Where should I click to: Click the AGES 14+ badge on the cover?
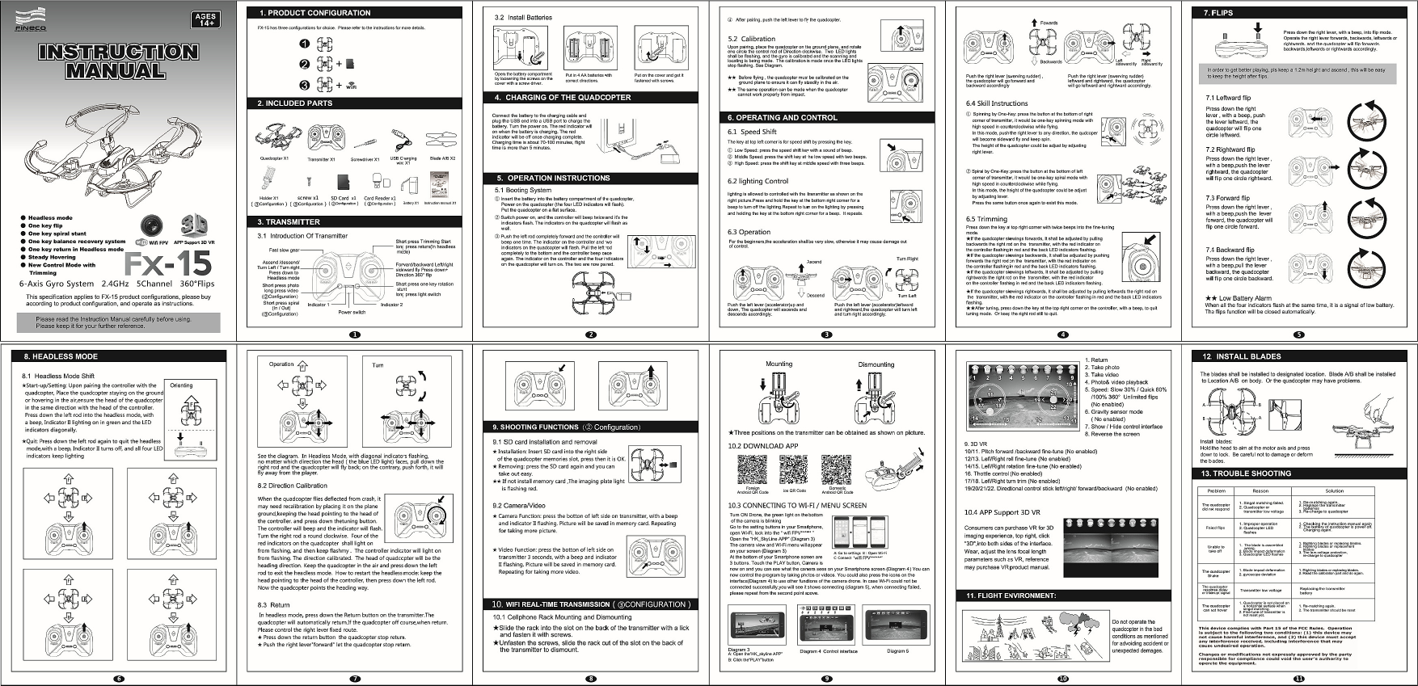[x=206, y=19]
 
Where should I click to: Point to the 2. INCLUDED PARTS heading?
[x=295, y=103]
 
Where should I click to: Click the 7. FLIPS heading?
[x=1218, y=13]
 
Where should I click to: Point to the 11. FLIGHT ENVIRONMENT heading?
[x=1011, y=596]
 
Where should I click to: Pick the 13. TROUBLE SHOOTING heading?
[x=1246, y=473]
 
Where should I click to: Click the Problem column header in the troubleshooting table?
[x=1216, y=490]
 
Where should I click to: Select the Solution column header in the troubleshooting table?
[x=1334, y=490]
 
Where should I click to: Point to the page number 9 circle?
[x=826, y=679]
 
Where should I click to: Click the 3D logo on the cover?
[x=194, y=223]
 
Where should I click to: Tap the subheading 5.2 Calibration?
[x=751, y=39]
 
